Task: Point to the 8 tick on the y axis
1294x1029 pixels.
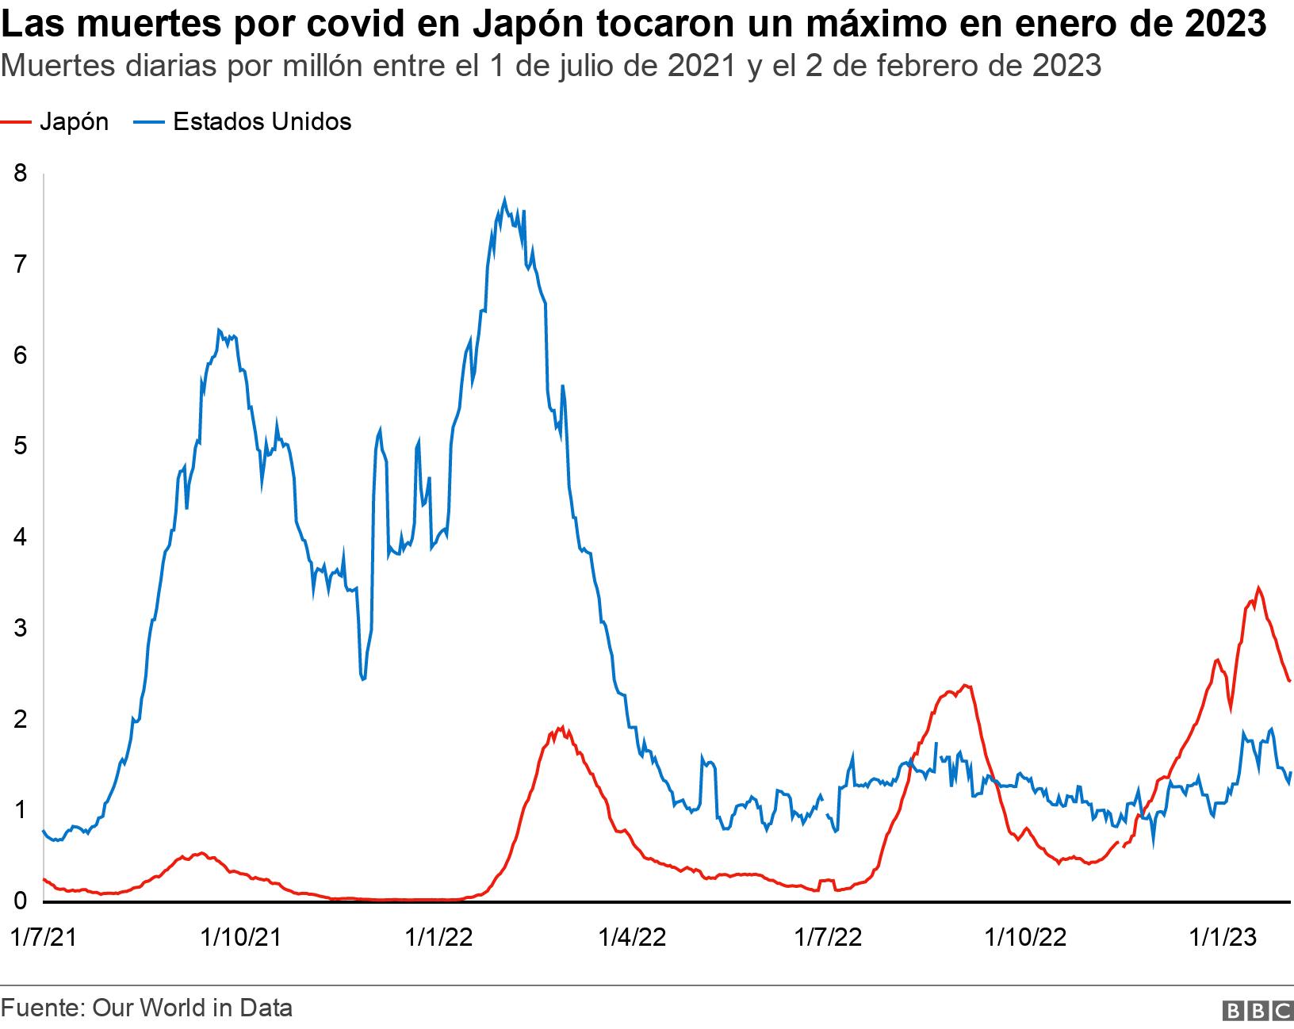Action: (x=21, y=173)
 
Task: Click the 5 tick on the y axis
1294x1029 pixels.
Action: (x=21, y=446)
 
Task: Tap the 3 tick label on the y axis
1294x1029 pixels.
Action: (x=21, y=628)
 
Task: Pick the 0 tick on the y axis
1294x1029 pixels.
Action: (x=21, y=901)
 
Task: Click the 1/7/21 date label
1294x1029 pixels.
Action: (x=44, y=938)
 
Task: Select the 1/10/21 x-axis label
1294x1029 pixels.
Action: (x=241, y=938)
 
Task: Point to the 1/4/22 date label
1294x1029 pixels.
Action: (x=632, y=938)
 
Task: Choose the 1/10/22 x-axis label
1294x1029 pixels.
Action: (x=1025, y=938)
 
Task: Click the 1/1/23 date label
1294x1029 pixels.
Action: (x=1222, y=938)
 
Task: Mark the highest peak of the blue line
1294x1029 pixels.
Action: (x=505, y=198)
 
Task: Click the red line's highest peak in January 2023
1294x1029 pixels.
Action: (x=1258, y=587)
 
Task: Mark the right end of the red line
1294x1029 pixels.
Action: (x=1290, y=680)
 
